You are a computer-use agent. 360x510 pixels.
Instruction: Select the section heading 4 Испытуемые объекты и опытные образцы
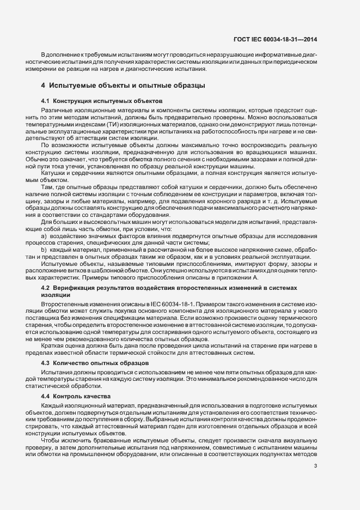pos(123,86)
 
